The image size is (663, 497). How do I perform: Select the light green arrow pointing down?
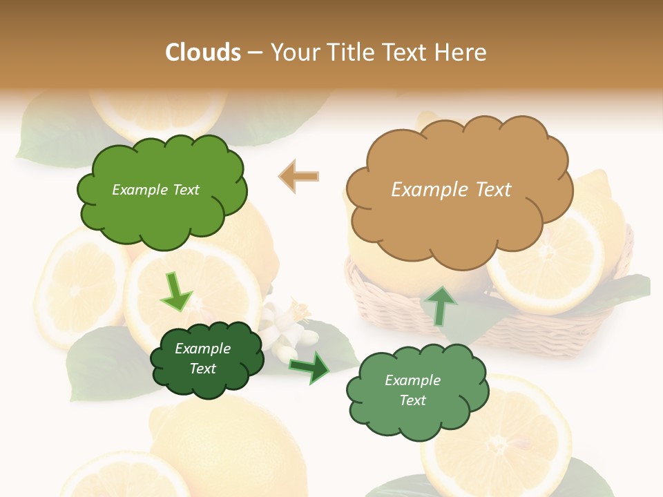[x=176, y=291]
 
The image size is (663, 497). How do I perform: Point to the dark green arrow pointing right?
[x=309, y=366]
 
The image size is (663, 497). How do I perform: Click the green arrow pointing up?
[x=439, y=304]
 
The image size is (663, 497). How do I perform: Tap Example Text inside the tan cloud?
[x=451, y=190]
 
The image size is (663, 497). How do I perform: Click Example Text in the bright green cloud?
[x=155, y=190]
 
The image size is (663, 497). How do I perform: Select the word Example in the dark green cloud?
[x=202, y=349]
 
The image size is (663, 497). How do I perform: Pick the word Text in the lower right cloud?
[x=412, y=400]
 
